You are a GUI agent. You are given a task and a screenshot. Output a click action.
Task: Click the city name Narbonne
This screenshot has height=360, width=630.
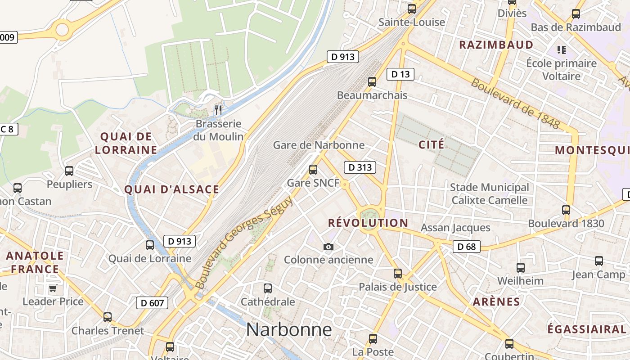coord(289,330)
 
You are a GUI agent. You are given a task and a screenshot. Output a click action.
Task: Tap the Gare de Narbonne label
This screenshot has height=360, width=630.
coord(319,145)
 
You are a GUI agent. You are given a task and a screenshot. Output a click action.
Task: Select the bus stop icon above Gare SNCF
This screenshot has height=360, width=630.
coord(313,170)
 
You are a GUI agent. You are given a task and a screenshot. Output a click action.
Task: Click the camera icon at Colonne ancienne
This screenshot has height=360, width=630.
coord(328,247)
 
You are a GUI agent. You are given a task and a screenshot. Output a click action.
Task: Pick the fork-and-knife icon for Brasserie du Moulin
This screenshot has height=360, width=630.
coord(218,110)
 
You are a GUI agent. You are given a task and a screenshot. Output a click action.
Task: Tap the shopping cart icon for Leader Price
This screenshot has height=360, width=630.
coord(53,288)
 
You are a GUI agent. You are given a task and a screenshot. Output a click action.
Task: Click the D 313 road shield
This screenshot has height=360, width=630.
coord(360,168)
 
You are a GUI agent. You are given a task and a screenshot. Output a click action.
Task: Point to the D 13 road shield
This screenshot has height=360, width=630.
coord(400,74)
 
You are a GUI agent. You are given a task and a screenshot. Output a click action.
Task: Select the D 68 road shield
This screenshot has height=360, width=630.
coord(466,247)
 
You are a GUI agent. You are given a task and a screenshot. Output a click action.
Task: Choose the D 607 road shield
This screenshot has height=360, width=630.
coord(152,303)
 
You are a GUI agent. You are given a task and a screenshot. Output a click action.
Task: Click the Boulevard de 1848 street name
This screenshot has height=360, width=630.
coord(515,104)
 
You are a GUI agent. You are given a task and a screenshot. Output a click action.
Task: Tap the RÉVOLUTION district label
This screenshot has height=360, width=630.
coord(368,223)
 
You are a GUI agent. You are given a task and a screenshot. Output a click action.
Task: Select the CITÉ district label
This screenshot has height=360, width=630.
coord(431,144)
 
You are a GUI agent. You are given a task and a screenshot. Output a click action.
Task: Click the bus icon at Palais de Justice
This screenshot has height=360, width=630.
coord(398,273)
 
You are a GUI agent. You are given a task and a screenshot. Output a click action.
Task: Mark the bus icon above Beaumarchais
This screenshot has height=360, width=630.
coord(372,81)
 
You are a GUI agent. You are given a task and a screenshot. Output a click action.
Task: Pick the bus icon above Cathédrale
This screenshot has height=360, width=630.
coord(268,288)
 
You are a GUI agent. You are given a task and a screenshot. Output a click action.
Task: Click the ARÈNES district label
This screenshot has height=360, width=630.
coord(496,301)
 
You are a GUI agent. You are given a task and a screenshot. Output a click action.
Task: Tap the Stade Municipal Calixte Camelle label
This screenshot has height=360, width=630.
coord(490,193)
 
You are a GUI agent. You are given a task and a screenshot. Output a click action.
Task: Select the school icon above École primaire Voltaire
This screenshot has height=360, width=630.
coord(561,49)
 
